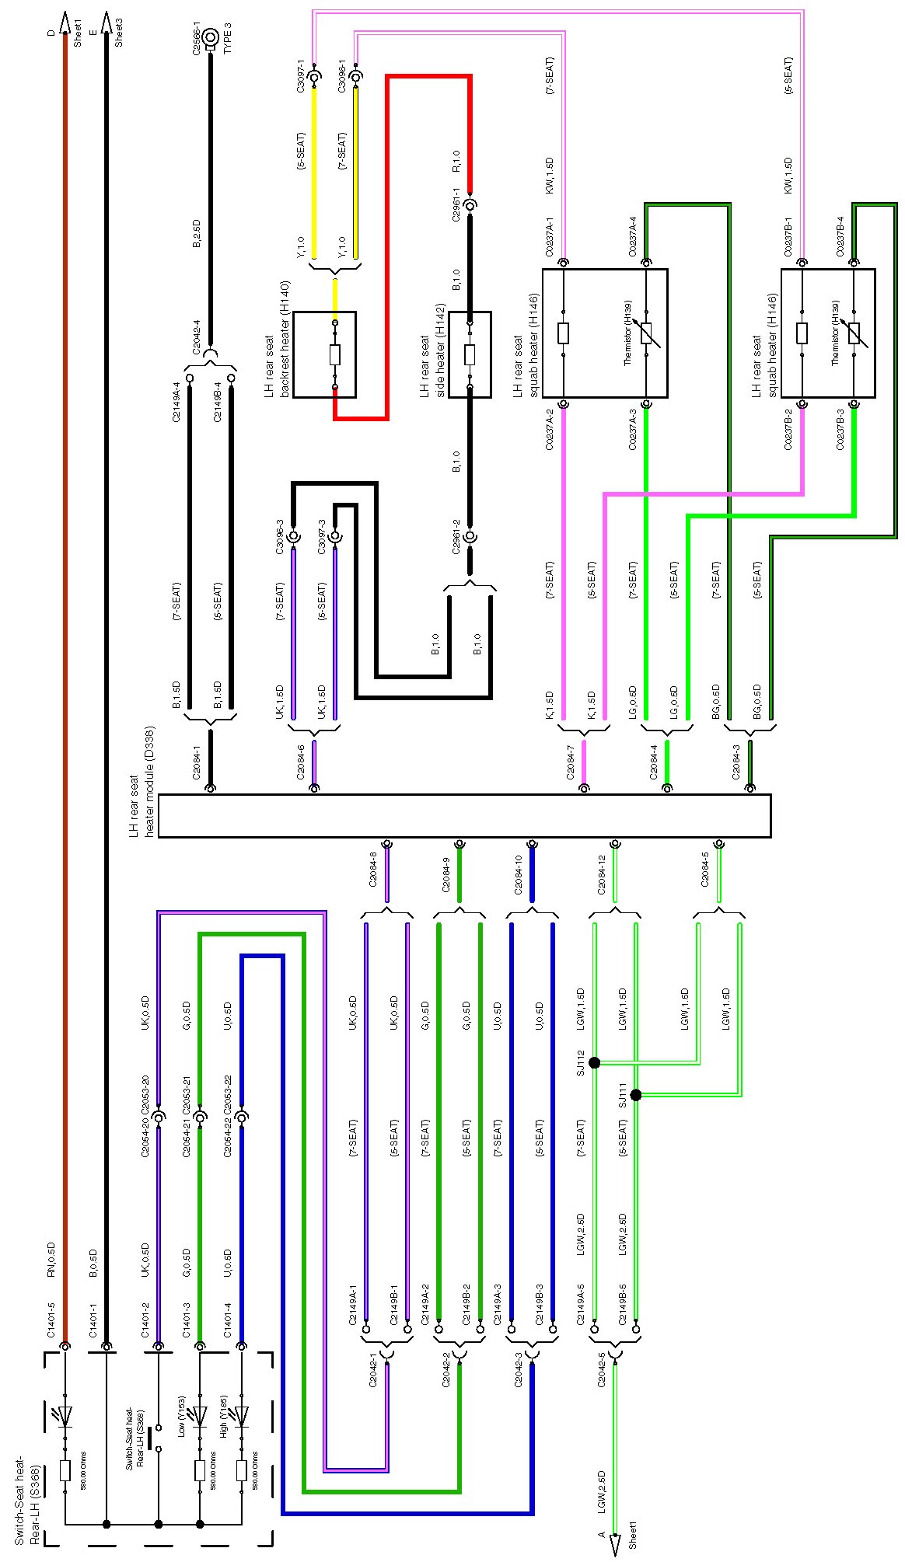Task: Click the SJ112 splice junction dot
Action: coord(595,1062)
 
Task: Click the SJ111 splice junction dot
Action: coord(636,1095)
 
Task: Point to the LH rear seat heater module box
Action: coord(464,816)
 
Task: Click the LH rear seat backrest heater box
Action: coord(325,354)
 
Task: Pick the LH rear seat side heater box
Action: coord(470,354)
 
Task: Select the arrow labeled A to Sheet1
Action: coord(615,1543)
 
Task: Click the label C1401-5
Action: coord(51,1320)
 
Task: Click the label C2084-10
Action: coord(518,873)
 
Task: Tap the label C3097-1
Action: coord(301,78)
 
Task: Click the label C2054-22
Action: coord(228,1138)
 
